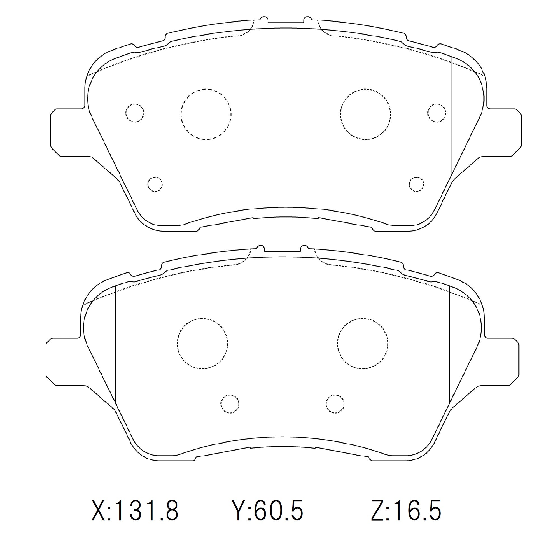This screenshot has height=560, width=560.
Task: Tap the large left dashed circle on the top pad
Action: [x=206, y=114]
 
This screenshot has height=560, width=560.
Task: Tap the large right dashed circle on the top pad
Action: [x=366, y=114]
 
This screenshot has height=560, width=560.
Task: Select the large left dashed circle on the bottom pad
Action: [x=202, y=344]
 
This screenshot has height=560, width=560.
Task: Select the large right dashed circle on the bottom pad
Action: [x=363, y=344]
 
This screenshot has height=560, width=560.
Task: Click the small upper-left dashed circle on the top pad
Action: [x=135, y=113]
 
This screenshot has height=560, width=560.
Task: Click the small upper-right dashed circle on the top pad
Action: [x=437, y=113]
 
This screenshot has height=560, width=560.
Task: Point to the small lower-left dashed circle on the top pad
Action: [x=155, y=184]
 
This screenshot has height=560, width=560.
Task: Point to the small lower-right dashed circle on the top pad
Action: [x=417, y=184]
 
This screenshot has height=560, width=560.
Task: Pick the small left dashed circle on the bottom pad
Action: [x=230, y=404]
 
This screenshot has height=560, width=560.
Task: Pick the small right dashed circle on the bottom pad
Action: [x=335, y=404]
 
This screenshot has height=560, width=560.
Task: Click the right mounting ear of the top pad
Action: [x=504, y=132]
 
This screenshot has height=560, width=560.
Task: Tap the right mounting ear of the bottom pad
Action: [x=501, y=362]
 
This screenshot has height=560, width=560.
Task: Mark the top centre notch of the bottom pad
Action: [x=283, y=250]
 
